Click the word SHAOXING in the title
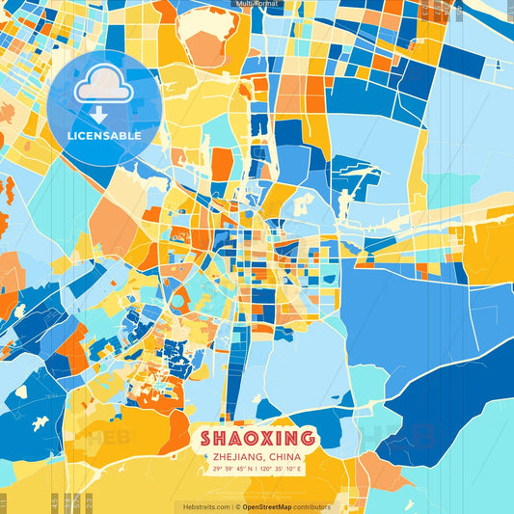(x=257, y=437)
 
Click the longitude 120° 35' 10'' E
(x=280, y=469)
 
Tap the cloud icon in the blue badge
(x=104, y=88)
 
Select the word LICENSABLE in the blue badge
(x=104, y=136)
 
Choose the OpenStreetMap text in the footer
(x=266, y=506)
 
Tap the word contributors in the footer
(x=311, y=506)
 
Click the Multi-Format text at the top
(x=257, y=4)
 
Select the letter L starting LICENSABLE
(x=70, y=136)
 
